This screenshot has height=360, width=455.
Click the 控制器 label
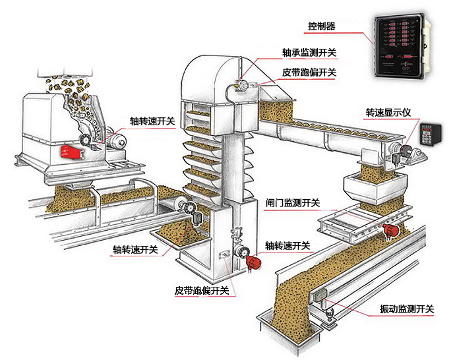point(322,26)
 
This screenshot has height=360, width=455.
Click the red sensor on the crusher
point(70,152)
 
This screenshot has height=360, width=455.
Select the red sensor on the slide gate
point(392,229)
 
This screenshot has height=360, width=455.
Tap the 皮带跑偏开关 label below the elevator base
point(202,290)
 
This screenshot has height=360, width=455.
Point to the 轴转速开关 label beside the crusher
point(152,121)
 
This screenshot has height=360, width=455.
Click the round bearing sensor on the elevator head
point(239,85)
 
